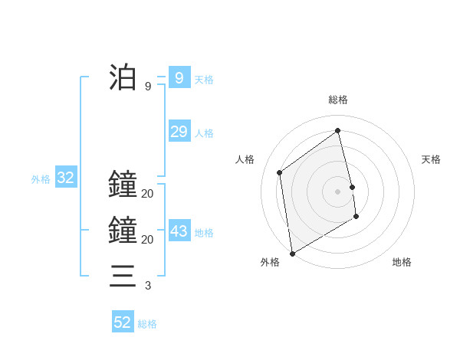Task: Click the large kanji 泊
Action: point(123,78)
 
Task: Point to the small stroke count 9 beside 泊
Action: point(148,87)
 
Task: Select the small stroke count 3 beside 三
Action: point(148,286)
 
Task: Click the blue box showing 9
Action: point(179,78)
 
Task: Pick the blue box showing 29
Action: point(179,132)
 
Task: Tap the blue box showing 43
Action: point(179,231)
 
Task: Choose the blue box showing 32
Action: point(65,178)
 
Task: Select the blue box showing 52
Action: point(123,322)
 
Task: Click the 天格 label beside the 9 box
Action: point(204,80)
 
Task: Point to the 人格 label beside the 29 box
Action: point(204,133)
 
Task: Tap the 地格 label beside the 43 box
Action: point(204,233)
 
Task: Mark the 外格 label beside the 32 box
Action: point(41,180)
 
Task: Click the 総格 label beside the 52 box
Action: point(147,324)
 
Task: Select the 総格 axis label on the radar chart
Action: point(337,100)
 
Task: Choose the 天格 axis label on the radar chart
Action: point(431,159)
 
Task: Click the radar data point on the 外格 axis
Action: point(292,253)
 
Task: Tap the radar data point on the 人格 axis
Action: point(280,172)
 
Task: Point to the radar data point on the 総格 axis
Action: point(337,130)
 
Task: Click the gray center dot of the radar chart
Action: point(337,191)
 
